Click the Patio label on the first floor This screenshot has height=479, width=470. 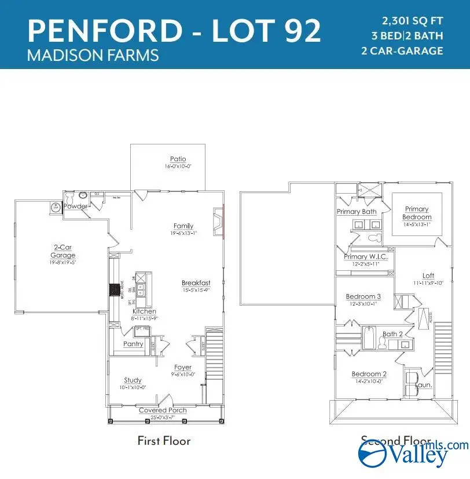pyautogui.click(x=178, y=159)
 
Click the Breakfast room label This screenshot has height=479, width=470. pyautogui.click(x=195, y=283)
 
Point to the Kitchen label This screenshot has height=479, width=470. pyautogui.click(x=144, y=311)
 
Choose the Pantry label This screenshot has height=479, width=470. pyautogui.click(x=133, y=344)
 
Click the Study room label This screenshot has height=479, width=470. pyautogui.click(x=133, y=380)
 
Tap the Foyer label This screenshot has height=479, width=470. pyautogui.click(x=183, y=367)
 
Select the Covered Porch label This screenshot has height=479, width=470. pyautogui.click(x=163, y=410)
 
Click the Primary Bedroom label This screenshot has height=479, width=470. pyautogui.click(x=417, y=213)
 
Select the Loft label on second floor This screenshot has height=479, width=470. pyautogui.click(x=428, y=275)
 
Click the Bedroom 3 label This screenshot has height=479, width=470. pyautogui.click(x=363, y=296)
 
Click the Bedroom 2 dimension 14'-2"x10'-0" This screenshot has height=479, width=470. pyautogui.click(x=369, y=382)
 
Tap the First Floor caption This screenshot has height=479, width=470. pyautogui.click(x=164, y=441)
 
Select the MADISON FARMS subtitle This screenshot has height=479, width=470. pyautogui.click(x=93, y=55)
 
